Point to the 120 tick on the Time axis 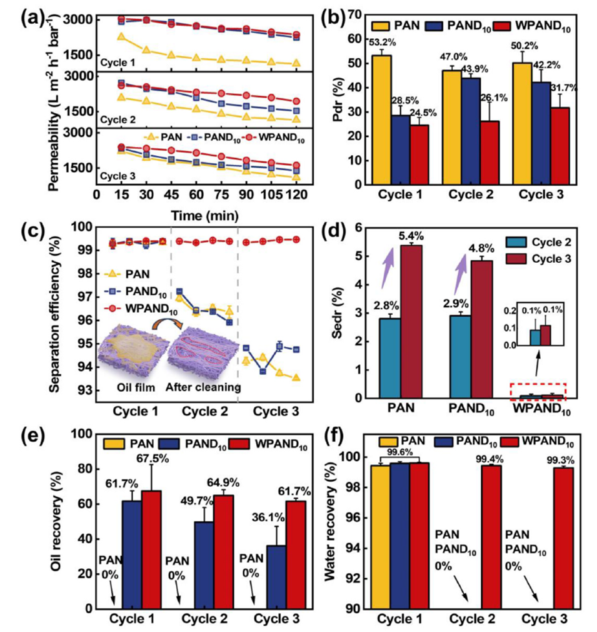pos(296,195)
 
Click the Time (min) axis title pos(197,215)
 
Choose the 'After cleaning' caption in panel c pos(203,387)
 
